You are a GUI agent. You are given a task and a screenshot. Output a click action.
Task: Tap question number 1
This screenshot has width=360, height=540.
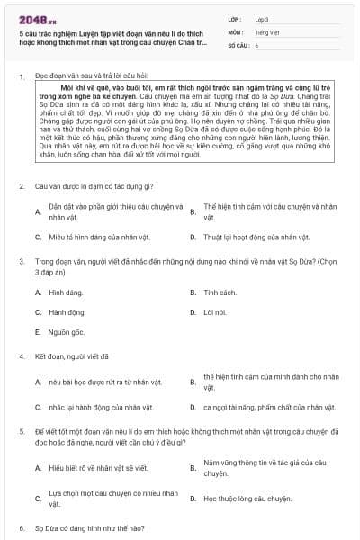21,77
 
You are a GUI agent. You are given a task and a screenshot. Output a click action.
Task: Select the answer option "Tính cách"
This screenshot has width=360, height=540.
220,293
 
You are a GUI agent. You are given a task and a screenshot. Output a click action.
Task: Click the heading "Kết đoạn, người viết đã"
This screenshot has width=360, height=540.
72,355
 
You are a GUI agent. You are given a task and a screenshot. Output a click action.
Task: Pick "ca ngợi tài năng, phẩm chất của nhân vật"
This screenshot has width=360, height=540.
262,407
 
